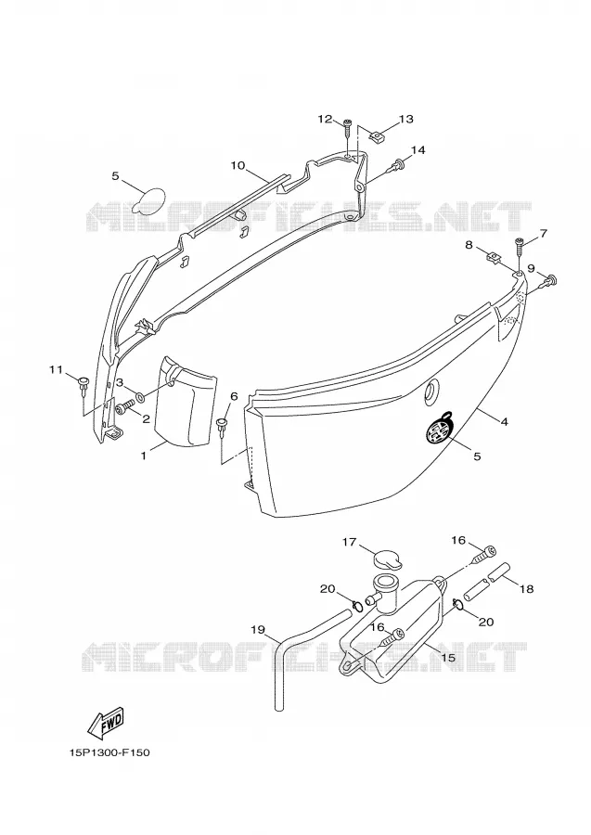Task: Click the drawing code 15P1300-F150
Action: coord(109,752)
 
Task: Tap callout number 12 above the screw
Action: coord(325,119)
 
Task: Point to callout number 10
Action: coord(238,166)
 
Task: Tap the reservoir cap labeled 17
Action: coord(387,560)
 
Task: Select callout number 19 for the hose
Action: coord(258,630)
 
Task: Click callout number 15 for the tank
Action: coord(449,658)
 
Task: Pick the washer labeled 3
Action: coord(140,397)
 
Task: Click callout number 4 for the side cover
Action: coord(504,422)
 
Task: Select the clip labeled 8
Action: coord(495,258)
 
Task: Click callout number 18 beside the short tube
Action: coord(526,589)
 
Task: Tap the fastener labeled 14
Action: coord(397,167)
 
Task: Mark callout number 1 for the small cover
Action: coord(143,456)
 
